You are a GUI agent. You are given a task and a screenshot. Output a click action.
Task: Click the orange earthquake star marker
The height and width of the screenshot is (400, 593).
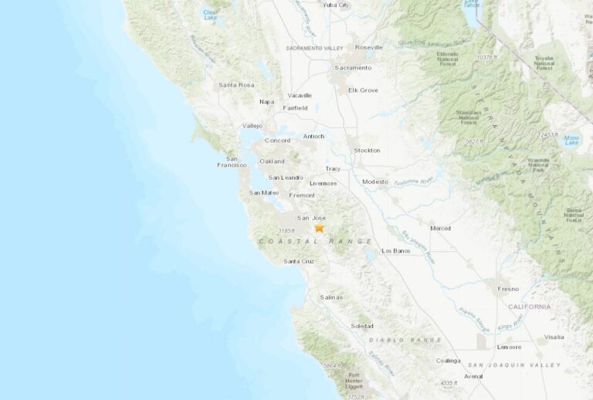click(319, 228)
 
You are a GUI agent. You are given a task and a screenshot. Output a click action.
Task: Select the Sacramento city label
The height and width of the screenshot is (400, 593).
click(352, 68)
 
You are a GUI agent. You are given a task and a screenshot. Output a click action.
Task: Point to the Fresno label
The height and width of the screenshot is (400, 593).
click(509, 289)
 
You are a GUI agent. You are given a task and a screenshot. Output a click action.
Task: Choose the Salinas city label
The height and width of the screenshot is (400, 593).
click(331, 297)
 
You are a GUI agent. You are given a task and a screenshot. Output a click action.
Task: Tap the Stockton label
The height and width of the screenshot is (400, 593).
click(367, 150)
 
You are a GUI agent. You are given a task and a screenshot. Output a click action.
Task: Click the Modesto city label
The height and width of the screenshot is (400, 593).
click(375, 181)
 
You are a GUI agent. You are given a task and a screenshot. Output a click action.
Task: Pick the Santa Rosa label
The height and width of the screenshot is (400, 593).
click(236, 85)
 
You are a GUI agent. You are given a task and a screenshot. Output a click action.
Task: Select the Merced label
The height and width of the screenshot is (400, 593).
click(440, 229)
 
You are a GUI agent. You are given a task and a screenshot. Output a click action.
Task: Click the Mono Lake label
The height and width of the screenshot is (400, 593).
click(572, 139)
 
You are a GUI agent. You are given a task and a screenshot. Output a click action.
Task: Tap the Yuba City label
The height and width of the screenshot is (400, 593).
click(336, 5)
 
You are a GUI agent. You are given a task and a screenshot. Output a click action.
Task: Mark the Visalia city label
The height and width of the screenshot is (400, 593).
click(554, 337)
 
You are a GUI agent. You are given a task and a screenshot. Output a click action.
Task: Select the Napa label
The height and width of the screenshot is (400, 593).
click(267, 101)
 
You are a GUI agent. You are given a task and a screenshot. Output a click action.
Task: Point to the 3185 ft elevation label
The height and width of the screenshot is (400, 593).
click(286, 230)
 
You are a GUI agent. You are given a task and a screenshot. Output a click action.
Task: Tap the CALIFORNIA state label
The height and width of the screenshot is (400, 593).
click(530, 307)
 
